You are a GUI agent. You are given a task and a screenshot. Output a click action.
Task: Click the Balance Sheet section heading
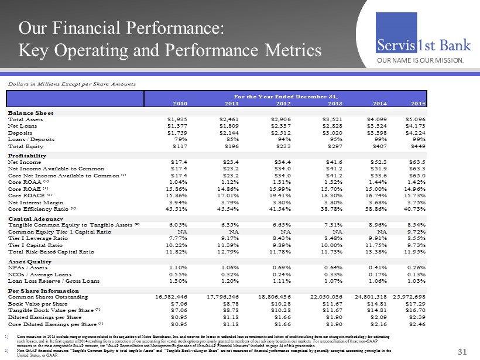click(x=30, y=112)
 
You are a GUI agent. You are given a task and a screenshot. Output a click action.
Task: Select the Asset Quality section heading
click(x=29, y=260)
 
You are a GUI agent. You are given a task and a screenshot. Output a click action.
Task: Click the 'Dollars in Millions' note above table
click(x=69, y=85)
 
